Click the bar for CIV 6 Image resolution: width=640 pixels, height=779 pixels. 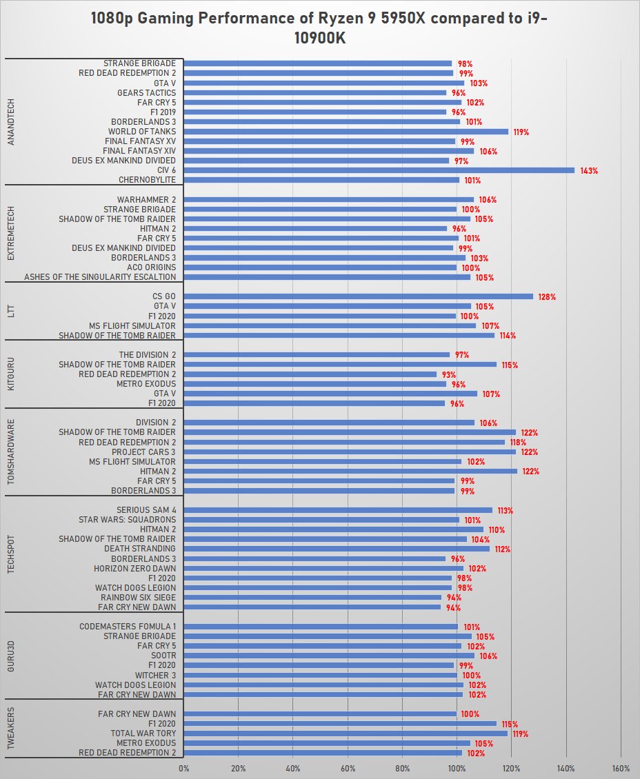379,170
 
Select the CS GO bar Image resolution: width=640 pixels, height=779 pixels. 359,296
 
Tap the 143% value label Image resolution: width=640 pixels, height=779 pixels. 588,170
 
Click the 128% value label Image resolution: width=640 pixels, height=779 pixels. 547,297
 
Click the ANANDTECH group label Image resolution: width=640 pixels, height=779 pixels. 10,121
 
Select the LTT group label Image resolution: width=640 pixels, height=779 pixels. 10,311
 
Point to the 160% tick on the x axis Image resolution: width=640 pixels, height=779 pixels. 621,768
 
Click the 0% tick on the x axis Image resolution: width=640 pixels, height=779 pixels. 184,768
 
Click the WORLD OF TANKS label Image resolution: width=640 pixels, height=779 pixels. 141,132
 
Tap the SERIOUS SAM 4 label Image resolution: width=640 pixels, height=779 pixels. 141,510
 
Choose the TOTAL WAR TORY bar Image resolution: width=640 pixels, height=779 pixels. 346,734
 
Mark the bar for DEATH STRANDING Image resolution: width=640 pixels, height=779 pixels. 337,549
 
